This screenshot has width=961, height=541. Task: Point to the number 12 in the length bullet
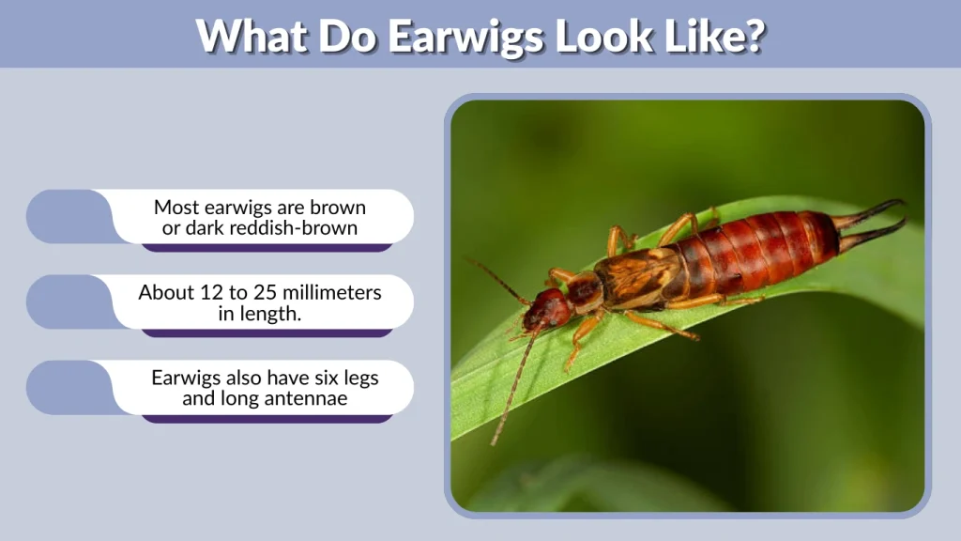(210, 293)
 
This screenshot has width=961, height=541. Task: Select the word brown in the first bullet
(339, 207)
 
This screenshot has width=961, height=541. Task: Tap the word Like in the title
(698, 36)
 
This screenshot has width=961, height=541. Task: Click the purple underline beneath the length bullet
(267, 333)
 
